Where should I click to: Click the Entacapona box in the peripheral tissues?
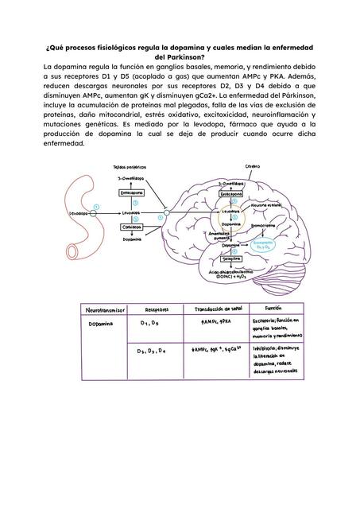(130, 193)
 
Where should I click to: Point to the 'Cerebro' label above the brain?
(252, 166)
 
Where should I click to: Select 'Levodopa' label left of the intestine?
(77, 213)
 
